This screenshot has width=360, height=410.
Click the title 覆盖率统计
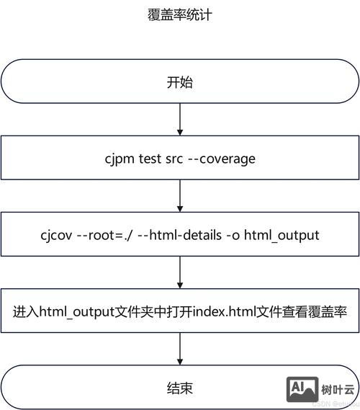point(179,14)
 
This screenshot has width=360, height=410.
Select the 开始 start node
point(179,81)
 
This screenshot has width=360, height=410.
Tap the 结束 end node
point(179,388)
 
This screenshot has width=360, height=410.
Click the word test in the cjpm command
point(150,159)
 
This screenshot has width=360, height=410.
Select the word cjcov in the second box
point(57,236)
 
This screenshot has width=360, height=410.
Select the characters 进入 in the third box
point(25,313)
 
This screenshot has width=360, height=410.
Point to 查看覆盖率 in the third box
point(320,313)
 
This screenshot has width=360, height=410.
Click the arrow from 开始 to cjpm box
point(179,118)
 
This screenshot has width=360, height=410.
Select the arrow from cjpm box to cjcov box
point(179,195)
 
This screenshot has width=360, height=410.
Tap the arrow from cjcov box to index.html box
point(179,272)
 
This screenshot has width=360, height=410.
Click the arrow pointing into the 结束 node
point(179,349)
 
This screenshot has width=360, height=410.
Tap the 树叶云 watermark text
point(338,390)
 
